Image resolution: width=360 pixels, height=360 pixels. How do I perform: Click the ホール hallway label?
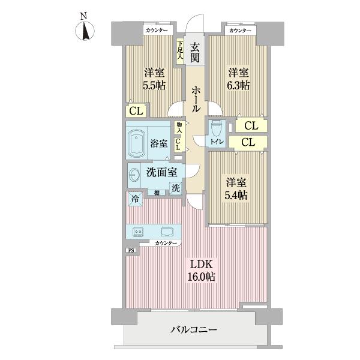(196, 100)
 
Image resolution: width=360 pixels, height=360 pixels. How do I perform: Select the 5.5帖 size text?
(154, 86)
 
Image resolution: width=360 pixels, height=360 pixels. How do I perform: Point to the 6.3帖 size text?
(238, 86)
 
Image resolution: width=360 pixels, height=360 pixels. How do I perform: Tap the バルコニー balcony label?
(193, 329)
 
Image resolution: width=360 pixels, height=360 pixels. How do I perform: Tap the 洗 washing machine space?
(175, 187)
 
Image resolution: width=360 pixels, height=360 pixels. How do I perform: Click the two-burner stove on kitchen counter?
(138, 232)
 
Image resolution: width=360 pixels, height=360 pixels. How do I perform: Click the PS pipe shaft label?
(130, 251)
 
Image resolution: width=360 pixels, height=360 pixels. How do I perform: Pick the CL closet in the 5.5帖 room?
(136, 110)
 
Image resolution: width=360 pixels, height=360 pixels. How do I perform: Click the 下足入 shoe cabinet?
(179, 47)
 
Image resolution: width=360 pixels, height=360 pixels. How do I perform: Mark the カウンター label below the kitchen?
(166, 243)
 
